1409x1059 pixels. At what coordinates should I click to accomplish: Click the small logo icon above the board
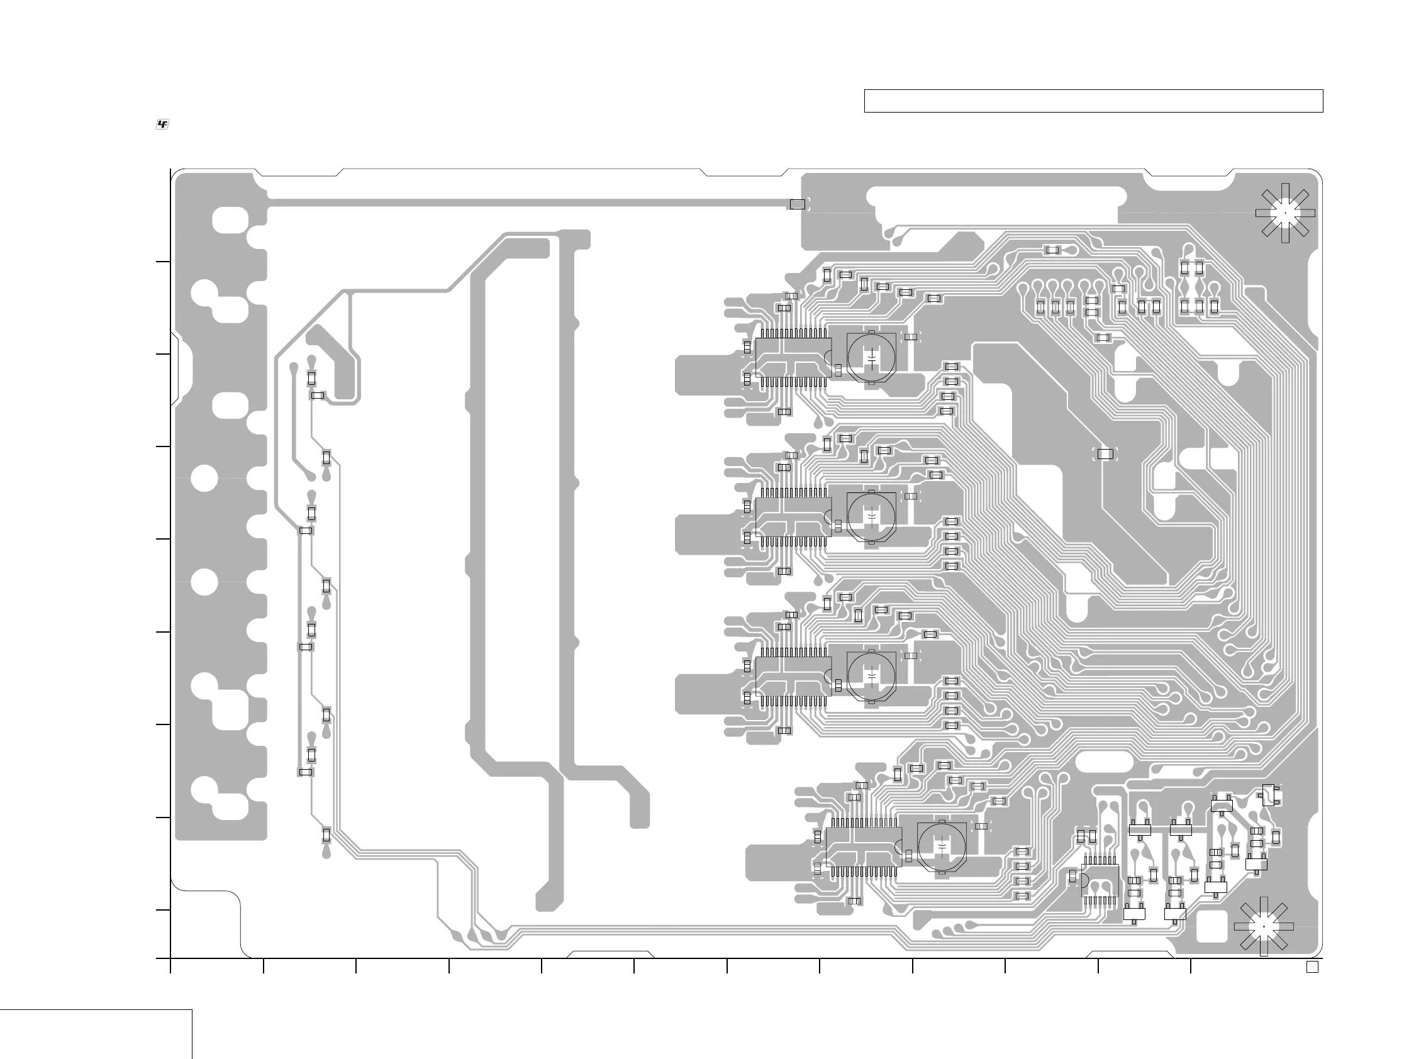(x=162, y=125)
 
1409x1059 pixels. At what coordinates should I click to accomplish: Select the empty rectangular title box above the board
(x=1093, y=101)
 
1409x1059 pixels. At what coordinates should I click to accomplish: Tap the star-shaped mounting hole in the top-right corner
(x=1285, y=213)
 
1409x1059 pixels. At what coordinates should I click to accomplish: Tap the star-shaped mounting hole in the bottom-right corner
(x=1263, y=926)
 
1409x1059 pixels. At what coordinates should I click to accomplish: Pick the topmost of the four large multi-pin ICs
(x=793, y=358)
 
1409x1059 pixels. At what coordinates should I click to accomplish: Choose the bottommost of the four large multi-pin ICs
(x=864, y=847)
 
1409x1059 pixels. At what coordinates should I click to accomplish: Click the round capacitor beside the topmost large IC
(x=871, y=357)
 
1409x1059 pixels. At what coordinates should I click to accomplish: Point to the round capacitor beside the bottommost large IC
(x=942, y=847)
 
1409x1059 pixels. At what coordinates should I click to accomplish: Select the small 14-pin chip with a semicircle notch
(x=1100, y=881)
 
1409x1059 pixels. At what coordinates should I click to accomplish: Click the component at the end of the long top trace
(x=797, y=204)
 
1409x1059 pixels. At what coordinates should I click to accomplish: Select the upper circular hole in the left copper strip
(x=205, y=477)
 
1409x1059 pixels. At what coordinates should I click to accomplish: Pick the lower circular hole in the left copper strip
(x=205, y=582)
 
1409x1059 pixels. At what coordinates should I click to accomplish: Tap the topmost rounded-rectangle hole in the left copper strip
(x=230, y=219)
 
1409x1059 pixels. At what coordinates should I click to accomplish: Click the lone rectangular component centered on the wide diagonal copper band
(x=1105, y=454)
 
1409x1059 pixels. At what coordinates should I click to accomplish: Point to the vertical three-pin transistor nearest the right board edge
(x=1268, y=796)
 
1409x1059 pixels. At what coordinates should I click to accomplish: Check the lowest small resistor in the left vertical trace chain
(x=326, y=835)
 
